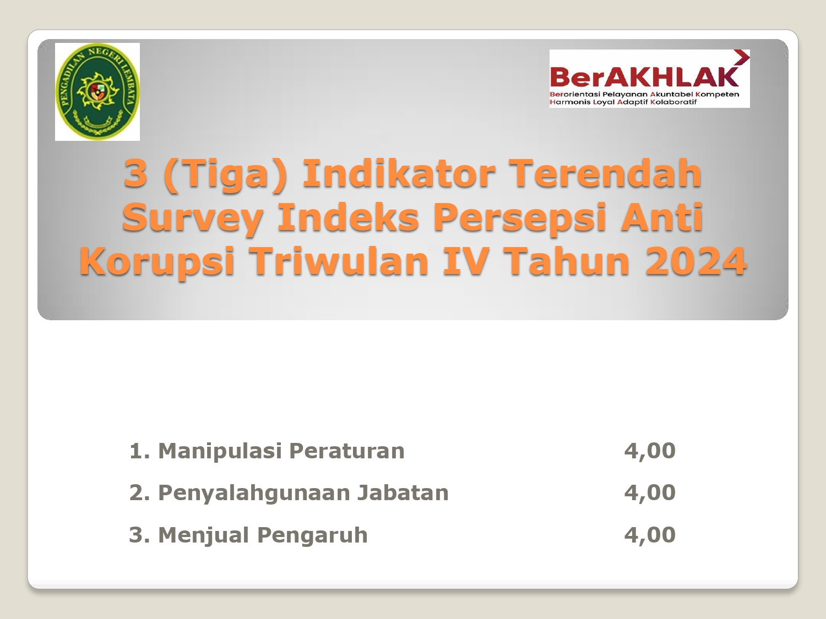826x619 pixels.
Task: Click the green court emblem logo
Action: point(97,91)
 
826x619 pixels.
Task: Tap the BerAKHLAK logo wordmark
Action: point(644,77)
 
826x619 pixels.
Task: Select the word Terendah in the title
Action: point(607,173)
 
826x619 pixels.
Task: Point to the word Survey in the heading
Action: point(192,218)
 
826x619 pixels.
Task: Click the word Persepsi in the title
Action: point(520,218)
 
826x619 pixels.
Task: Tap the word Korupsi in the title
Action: point(157,262)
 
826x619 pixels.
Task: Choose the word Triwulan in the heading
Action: point(338,261)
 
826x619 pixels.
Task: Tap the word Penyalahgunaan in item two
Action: point(254,493)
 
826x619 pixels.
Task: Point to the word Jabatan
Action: point(403,492)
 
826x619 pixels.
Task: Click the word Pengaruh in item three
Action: point(312,535)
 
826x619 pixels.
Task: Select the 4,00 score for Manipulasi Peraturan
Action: point(650,451)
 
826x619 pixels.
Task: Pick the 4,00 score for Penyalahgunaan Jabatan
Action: point(650,493)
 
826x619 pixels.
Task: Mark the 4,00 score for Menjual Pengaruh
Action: point(650,535)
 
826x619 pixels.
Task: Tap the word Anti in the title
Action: point(662,217)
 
